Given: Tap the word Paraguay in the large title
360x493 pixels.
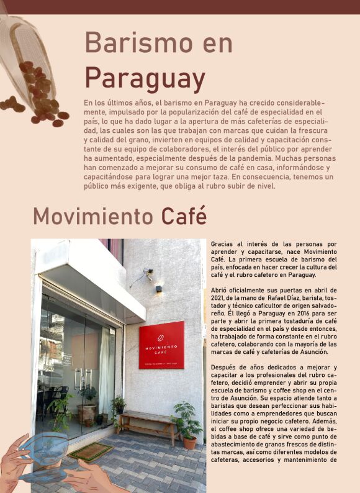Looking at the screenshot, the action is click(145, 79).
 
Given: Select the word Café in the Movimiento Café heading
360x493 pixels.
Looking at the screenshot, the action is click(184, 216).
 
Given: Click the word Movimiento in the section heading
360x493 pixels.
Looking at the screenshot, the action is click(93, 216).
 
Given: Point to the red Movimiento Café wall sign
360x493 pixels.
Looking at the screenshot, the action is click(161, 345).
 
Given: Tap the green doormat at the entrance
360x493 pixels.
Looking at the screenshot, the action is click(91, 452).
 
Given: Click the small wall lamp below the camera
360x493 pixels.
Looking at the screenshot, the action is click(159, 289).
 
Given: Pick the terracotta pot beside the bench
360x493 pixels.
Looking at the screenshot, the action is click(190, 442).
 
